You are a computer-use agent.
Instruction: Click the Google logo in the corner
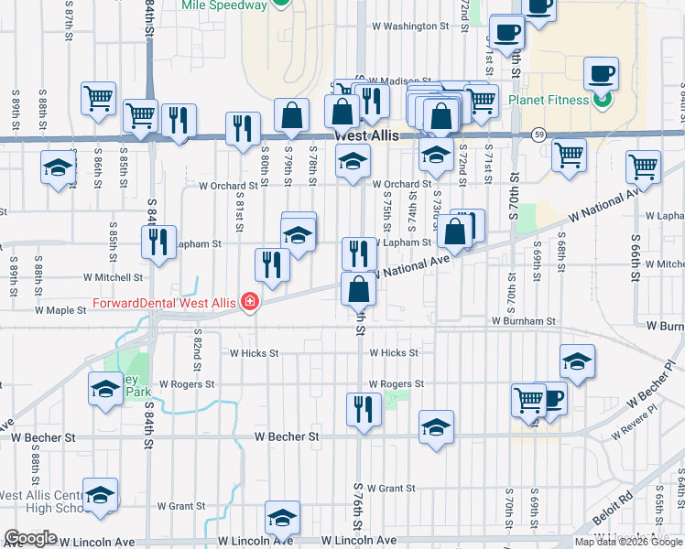coord(30,538)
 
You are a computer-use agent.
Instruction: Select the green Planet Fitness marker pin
coord(602,102)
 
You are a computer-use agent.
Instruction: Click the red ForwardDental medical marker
coord(247,303)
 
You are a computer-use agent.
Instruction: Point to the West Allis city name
coord(366,134)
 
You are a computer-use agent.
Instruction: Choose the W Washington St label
coord(409,27)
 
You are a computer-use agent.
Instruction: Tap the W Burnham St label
coord(523,322)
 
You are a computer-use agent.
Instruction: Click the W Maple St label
coord(60,310)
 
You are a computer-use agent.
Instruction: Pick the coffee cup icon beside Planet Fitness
coord(601,73)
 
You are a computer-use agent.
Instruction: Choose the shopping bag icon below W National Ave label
coord(359,289)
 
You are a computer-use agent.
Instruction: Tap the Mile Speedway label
coord(224,5)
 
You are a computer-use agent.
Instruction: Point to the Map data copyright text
coord(628,542)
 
